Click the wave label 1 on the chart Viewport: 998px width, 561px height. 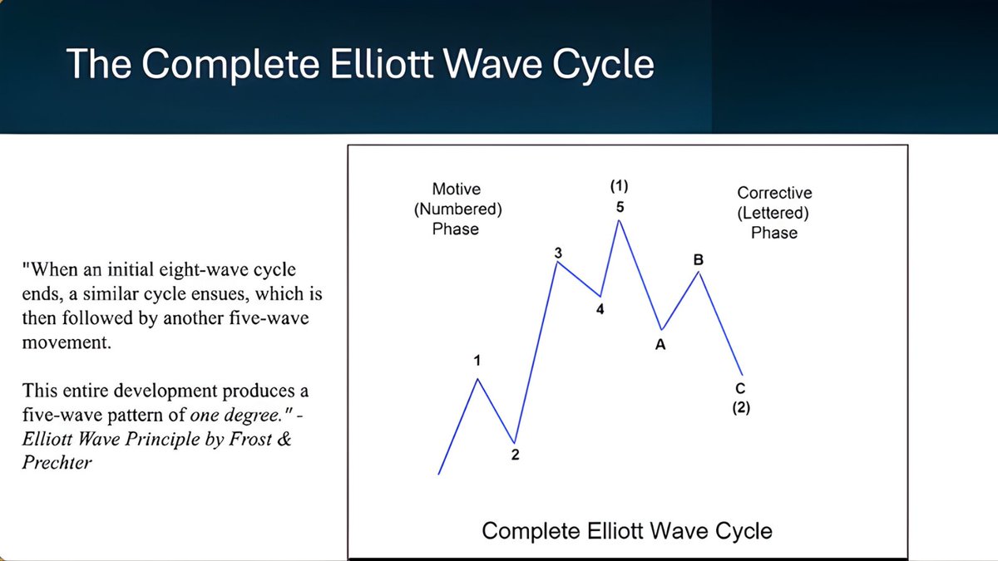click(477, 361)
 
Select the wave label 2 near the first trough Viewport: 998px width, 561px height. click(515, 455)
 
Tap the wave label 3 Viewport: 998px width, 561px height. click(558, 252)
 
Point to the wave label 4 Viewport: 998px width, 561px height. click(600, 310)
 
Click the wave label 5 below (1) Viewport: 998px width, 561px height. click(620, 207)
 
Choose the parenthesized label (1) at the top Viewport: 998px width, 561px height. click(620, 185)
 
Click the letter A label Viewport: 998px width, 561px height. click(660, 345)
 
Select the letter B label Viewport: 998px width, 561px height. click(699, 260)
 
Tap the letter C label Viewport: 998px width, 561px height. click(740, 389)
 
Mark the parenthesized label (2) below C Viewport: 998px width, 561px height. click(741, 408)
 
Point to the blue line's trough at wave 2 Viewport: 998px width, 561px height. click(515, 442)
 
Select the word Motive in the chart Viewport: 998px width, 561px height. click(456, 189)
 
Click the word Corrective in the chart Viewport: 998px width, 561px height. click(774, 193)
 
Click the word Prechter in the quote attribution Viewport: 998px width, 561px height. click(57, 462)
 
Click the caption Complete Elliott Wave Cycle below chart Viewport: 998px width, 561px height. click(627, 530)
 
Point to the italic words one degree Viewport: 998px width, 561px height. click(220, 414)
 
